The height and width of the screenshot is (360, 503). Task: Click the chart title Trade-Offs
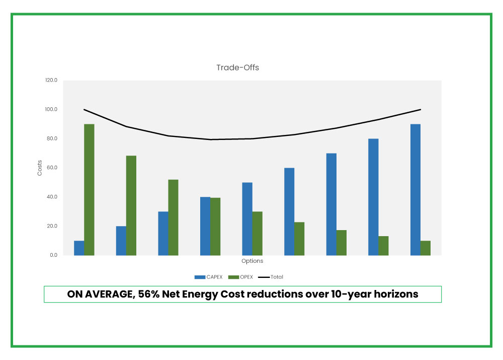[237, 67]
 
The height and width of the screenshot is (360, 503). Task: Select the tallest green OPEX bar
[89, 189]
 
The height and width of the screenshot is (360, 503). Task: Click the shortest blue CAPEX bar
[79, 248]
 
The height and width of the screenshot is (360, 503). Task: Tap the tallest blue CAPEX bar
[415, 189]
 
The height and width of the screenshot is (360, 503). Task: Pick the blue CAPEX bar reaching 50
[247, 219]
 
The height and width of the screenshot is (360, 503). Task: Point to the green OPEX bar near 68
[131, 205]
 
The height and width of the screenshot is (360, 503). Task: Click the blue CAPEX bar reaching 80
[373, 197]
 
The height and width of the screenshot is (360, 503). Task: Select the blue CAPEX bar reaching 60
[289, 211]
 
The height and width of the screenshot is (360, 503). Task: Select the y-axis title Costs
[40, 168]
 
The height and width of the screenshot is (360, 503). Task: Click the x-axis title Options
[252, 261]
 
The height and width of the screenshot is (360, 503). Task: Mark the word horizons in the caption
[394, 295]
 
